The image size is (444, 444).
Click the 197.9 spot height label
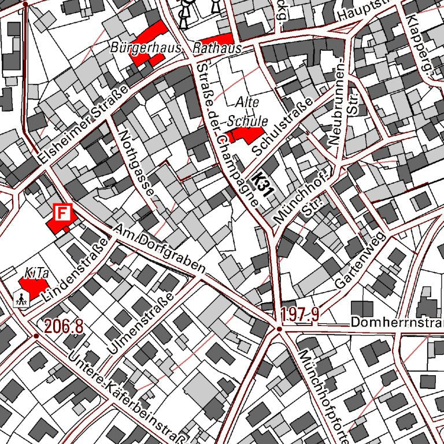301,315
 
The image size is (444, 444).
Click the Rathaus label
217,49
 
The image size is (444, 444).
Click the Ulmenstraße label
140,323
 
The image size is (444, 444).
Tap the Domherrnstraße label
397,322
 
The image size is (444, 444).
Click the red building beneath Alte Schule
245,135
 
